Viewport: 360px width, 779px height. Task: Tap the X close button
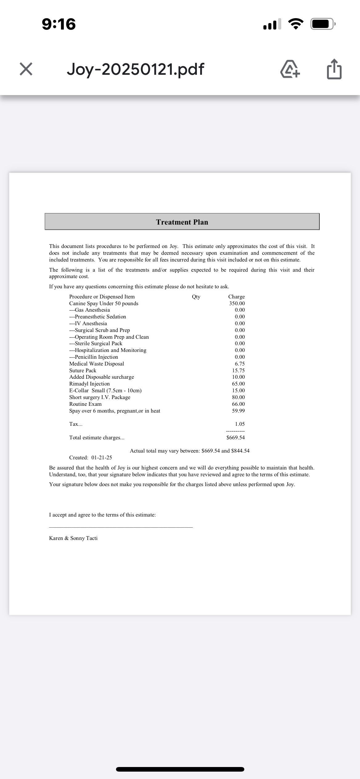[x=26, y=69]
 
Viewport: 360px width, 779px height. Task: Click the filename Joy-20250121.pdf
[x=135, y=69]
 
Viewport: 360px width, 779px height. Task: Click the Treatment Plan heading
[x=182, y=222]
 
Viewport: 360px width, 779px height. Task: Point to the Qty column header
[x=196, y=297]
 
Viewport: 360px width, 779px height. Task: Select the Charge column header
[x=236, y=297]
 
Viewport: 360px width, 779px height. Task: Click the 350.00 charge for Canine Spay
[x=237, y=303]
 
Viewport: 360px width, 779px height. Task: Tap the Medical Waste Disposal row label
[x=97, y=364]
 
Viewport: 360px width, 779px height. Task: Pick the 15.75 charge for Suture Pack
[x=238, y=370]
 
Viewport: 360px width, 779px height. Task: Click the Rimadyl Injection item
[x=90, y=384]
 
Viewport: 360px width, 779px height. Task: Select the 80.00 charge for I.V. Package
[x=238, y=397]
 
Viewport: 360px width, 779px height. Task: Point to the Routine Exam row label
[x=85, y=404]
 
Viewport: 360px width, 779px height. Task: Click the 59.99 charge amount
[x=238, y=411]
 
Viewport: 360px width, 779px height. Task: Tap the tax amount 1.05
[x=240, y=424]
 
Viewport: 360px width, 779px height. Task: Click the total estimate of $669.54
[x=236, y=437]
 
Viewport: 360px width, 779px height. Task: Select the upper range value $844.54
[x=240, y=451]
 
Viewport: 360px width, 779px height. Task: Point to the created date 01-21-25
[x=102, y=457]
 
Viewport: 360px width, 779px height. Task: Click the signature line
[x=121, y=527]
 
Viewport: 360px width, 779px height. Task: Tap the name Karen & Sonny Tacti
[x=73, y=538]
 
